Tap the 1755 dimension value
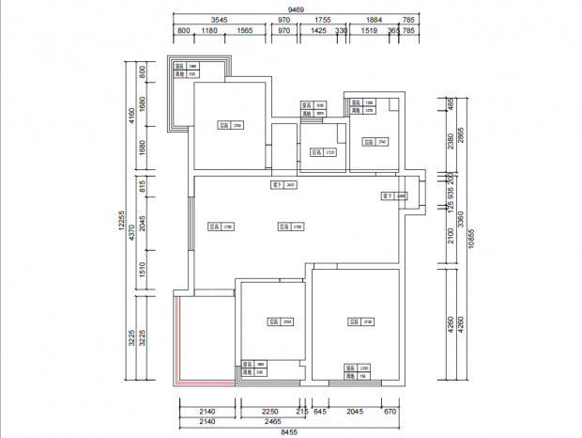click(323, 20)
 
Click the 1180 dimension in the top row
click(209, 31)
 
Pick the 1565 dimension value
click(245, 31)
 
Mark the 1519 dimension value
click(369, 31)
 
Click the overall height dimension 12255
click(122, 220)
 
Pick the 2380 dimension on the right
click(450, 141)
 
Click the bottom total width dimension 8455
click(288, 431)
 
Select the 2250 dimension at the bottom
click(269, 412)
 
